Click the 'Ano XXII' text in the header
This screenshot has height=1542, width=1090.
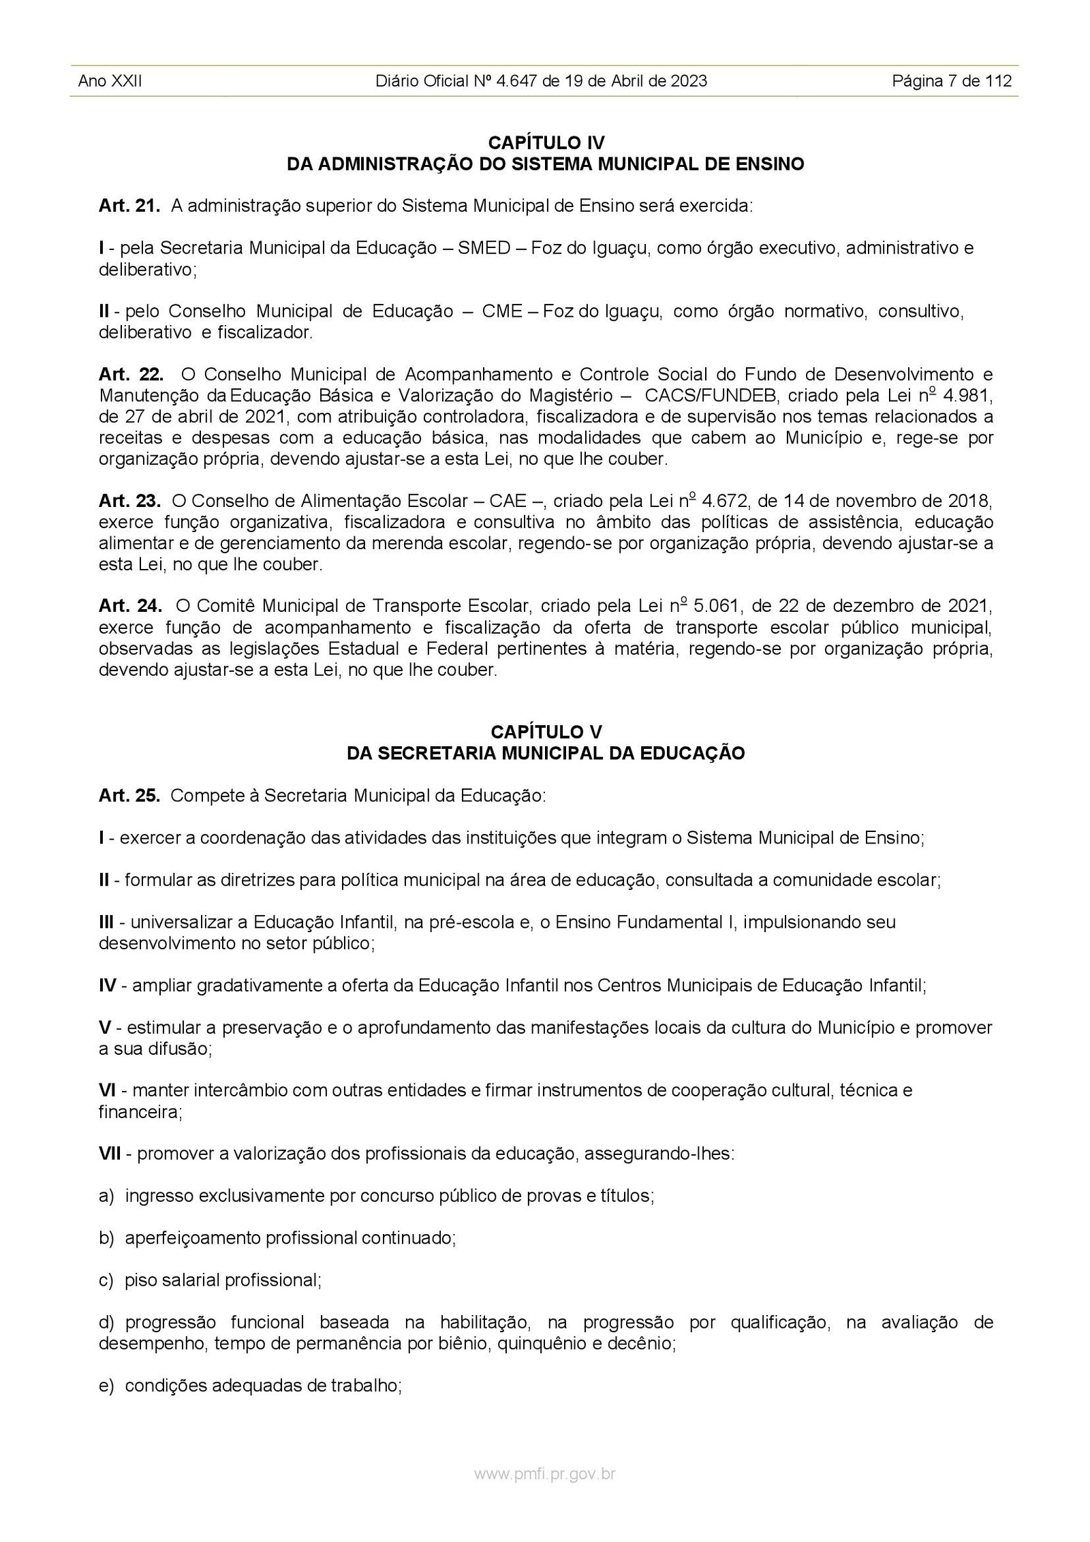click(x=110, y=81)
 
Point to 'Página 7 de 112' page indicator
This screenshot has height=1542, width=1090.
click(x=952, y=81)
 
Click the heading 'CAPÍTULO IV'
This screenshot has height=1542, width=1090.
click(x=546, y=142)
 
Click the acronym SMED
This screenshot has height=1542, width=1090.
click(x=484, y=248)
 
